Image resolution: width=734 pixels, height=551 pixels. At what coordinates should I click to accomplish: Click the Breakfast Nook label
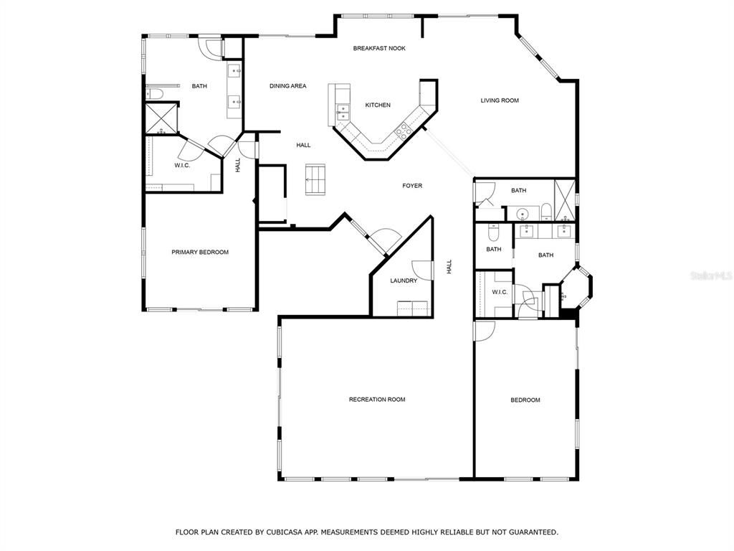(x=379, y=48)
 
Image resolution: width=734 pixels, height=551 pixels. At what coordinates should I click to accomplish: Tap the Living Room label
(x=500, y=100)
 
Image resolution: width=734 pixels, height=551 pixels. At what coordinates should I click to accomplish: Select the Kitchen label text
(x=378, y=105)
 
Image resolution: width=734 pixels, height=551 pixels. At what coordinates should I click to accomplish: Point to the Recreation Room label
(x=377, y=400)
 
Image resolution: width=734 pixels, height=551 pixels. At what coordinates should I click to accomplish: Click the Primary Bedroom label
(x=200, y=252)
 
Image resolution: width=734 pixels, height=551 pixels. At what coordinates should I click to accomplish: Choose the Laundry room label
(x=404, y=281)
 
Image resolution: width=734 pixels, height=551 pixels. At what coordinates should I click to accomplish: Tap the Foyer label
(x=412, y=186)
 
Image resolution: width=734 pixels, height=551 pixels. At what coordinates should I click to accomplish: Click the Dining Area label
(x=288, y=86)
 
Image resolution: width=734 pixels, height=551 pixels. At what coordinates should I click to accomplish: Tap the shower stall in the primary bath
(x=161, y=118)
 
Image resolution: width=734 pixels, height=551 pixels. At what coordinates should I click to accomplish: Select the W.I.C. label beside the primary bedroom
(x=181, y=166)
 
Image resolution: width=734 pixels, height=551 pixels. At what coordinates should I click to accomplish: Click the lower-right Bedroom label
(x=525, y=400)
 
